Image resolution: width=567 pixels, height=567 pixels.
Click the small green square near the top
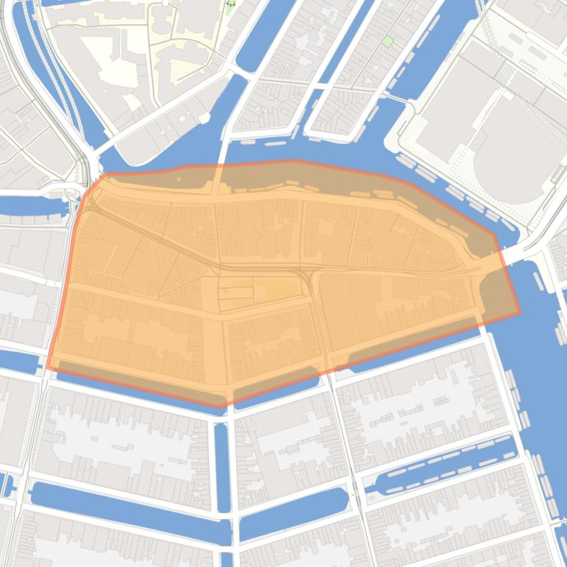387,41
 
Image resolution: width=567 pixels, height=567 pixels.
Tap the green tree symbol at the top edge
230,5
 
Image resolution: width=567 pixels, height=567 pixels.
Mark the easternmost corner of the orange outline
520,312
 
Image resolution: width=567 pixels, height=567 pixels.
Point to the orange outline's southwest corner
49,367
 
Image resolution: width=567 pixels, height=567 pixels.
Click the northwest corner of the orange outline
104,175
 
